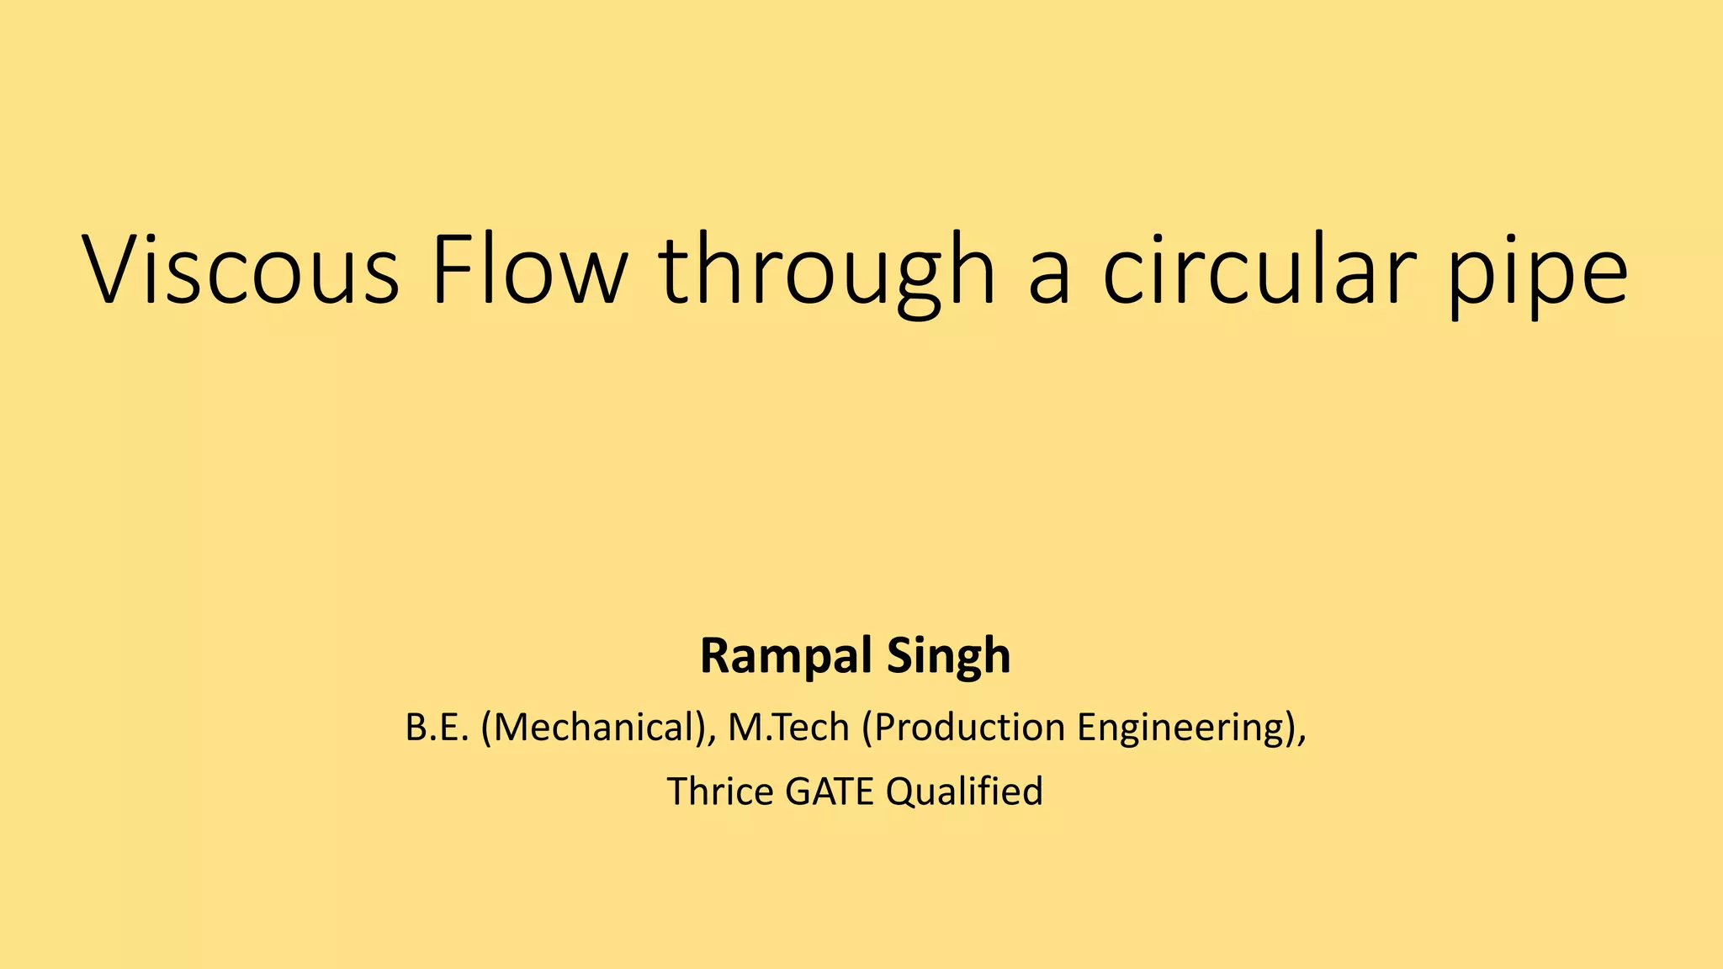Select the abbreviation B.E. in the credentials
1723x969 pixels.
pos(436,728)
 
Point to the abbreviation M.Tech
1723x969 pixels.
pos(788,728)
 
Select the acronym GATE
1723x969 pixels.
pos(829,792)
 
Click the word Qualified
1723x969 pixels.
pos(964,792)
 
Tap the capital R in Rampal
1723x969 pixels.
pos(716,656)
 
